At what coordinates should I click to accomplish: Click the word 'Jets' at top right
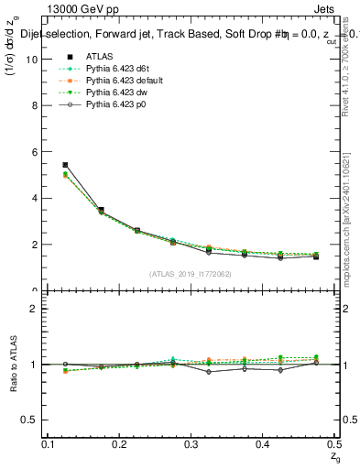[x=323, y=9]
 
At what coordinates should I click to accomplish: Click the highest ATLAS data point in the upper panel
[x=65, y=165]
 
